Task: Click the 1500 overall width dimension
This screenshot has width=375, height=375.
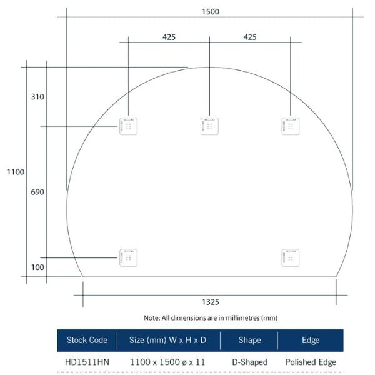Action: (x=210, y=11)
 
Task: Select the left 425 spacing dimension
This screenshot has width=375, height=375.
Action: (x=169, y=37)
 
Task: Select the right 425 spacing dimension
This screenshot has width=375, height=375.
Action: (x=249, y=37)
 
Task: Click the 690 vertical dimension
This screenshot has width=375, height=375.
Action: (x=36, y=192)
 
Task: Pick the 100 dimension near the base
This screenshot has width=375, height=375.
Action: (x=36, y=267)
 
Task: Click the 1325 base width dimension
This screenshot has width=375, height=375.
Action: (x=211, y=302)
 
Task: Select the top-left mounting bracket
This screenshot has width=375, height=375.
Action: (x=128, y=126)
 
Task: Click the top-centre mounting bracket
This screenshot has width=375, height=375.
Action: (x=209, y=126)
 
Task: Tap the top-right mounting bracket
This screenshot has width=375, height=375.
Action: (x=290, y=126)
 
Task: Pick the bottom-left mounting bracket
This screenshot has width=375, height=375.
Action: (x=128, y=257)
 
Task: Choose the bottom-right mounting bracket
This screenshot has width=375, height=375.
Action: (x=290, y=257)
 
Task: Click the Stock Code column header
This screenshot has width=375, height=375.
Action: (x=87, y=341)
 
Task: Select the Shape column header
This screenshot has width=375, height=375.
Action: (x=249, y=341)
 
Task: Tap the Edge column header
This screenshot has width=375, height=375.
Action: (x=311, y=341)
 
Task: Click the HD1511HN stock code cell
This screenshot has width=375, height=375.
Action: (x=86, y=362)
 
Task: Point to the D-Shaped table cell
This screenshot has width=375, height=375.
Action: (x=249, y=362)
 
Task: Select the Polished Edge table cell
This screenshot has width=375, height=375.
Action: (x=311, y=362)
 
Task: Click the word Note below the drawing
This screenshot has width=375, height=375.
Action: (x=151, y=317)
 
